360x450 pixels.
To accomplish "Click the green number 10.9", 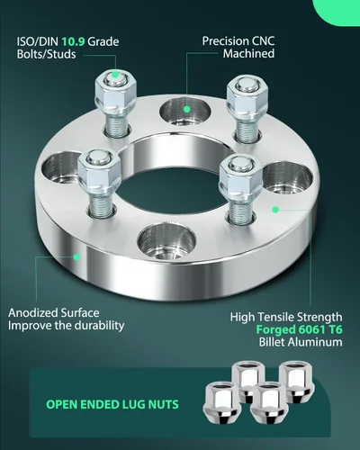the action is pyautogui.click(x=74, y=41).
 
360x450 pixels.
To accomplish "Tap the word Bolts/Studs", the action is pyautogui.click(x=46, y=54).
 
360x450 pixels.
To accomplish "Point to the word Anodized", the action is pyautogui.click(x=33, y=313).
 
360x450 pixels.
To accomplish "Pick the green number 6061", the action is pyautogui.click(x=311, y=329).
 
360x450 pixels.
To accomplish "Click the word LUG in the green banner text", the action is pyautogui.click(x=134, y=404).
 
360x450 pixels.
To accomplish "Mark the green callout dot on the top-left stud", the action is pyautogui.click(x=115, y=75).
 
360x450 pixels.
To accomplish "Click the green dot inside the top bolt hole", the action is pyautogui.click(x=186, y=110).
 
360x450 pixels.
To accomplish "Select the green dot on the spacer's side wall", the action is pyautogui.click(x=76, y=256).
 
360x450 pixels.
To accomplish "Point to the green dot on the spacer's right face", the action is pyautogui.click(x=275, y=210).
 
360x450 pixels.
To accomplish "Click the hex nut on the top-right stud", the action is pyautogui.click(x=247, y=96).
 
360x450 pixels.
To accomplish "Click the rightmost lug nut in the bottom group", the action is pyautogui.click(x=297, y=382).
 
